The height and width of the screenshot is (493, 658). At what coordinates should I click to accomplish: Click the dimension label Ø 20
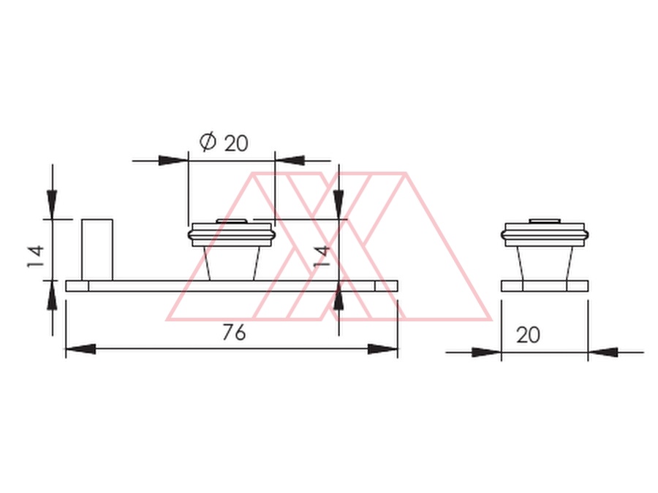point(224,142)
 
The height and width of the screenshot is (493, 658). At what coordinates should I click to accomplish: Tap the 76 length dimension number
point(234,332)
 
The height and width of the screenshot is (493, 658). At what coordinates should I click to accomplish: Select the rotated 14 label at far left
point(36,256)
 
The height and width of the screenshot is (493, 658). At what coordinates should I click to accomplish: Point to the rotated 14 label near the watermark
point(322,256)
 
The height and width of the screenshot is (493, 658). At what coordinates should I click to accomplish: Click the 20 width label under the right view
point(528,335)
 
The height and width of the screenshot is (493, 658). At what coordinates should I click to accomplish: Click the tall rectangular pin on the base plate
point(97,250)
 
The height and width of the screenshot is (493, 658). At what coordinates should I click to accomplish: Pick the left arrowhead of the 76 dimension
point(80,349)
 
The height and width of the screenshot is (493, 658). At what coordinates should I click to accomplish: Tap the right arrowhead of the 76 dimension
point(382,349)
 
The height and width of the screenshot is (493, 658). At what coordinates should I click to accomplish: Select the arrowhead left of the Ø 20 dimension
point(173,160)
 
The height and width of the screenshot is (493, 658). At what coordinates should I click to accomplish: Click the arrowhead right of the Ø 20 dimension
point(290,160)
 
